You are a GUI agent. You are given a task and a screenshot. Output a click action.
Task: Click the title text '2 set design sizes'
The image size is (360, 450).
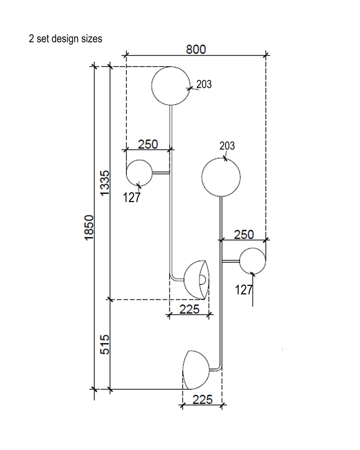tap(65, 38)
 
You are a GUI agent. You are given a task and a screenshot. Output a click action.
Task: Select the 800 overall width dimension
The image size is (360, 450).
tap(196, 49)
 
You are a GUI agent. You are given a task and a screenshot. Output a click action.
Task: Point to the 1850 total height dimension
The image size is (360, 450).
tap(89, 227)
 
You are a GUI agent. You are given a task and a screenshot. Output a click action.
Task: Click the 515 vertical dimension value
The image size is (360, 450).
tap(105, 344)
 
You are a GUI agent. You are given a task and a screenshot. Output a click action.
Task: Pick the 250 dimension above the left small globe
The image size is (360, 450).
tap(148, 144)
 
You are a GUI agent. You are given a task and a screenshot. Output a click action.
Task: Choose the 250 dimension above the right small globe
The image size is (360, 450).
tap(244, 234)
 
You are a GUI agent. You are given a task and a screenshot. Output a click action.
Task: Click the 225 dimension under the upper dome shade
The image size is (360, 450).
tap(189, 309)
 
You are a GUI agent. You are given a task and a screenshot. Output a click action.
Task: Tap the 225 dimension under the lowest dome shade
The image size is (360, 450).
tap(202, 400)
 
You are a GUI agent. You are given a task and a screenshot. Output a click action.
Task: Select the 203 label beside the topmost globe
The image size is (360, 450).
tap(204, 84)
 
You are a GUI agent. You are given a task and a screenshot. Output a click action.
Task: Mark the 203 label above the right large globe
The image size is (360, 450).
tap(227, 146)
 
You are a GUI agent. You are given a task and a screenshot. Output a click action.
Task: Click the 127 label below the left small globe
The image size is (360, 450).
tap(132, 198)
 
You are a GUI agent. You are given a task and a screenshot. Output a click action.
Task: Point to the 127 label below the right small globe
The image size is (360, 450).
tap(244, 290)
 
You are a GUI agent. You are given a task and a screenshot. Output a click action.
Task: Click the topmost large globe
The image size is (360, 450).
tap(171, 86)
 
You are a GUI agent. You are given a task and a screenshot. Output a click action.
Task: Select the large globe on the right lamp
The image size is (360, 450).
tap(221, 177)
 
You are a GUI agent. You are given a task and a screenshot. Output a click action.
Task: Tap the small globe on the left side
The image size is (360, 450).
tap(139, 173)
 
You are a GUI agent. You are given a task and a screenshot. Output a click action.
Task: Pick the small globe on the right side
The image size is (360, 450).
tap(252, 261)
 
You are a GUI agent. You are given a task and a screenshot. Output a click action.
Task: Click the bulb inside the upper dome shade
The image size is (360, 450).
tap(202, 280)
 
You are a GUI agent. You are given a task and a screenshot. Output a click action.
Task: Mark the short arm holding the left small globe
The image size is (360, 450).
tap(161, 173)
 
